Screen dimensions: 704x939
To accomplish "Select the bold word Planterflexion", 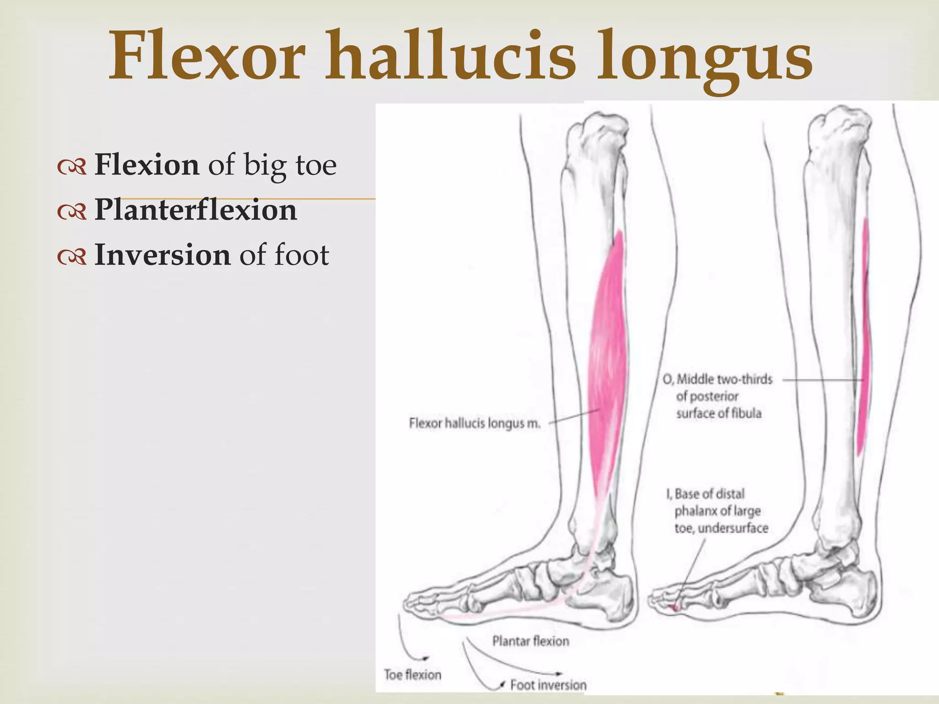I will point(196,210).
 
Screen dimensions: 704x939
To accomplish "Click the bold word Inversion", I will point(162,255).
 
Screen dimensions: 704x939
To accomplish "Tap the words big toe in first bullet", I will point(290,165).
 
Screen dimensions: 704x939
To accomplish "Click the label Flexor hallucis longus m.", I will point(475,423).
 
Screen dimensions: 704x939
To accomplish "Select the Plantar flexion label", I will point(530,641).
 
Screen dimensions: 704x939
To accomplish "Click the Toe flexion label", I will point(413,675).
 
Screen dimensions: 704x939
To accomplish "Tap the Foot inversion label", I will point(548,685).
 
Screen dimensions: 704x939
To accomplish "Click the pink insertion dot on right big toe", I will point(675,608).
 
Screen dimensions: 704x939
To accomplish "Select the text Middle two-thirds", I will point(724,379).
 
